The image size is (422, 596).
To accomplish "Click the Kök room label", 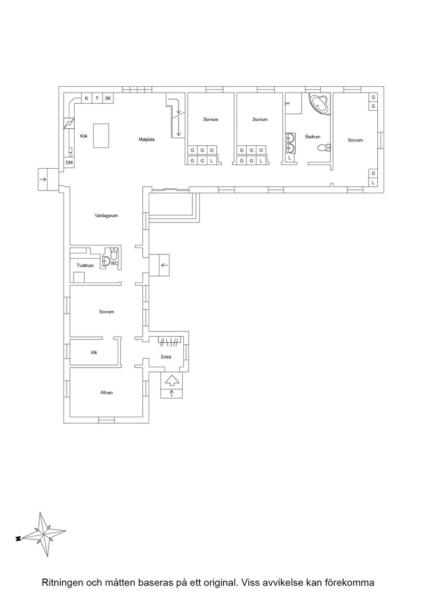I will click(84, 136).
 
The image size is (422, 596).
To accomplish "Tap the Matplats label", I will click(147, 140).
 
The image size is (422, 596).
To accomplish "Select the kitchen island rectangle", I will click(101, 135).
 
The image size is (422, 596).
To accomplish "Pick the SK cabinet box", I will click(108, 98).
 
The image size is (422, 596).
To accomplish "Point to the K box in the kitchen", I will click(86, 98).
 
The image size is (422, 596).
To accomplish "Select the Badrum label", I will click(313, 137).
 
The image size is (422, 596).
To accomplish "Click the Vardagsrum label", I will click(106, 216).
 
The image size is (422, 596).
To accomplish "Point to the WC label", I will click(114, 263).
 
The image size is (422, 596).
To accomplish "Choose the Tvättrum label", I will click(85, 266).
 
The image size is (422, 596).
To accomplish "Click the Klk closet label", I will click(94, 352).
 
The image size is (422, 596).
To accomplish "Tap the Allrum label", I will click(107, 393).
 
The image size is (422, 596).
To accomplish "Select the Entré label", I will click(166, 357).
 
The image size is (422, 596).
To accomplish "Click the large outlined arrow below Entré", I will click(172, 380).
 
